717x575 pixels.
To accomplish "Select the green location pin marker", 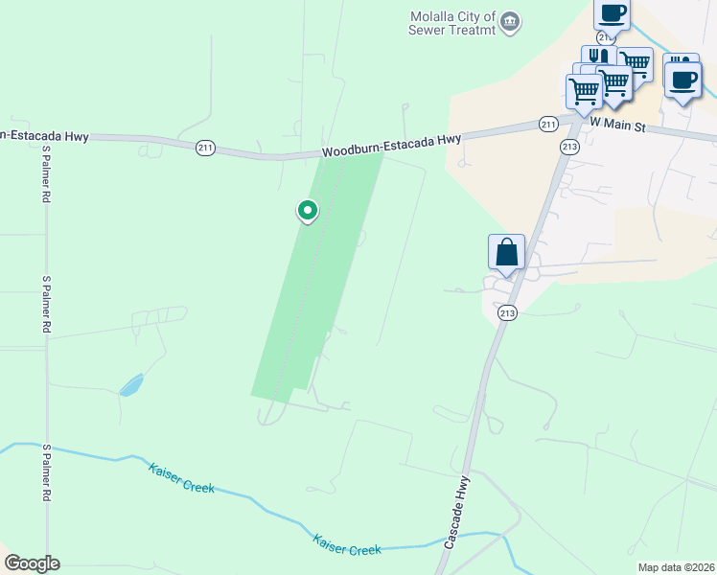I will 307,210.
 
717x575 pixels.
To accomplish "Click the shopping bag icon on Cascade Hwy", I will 506,253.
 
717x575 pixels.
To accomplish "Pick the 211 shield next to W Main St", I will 547,125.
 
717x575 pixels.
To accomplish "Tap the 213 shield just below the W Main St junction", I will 570,147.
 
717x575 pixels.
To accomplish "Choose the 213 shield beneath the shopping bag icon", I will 507,312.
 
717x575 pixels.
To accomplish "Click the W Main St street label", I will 620,124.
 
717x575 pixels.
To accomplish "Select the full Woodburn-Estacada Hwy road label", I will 391,146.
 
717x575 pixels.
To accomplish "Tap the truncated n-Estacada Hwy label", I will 44,136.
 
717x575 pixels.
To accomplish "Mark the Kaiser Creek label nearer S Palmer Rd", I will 181,479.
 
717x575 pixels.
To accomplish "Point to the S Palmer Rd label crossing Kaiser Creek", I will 45,472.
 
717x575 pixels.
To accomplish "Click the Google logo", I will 32,563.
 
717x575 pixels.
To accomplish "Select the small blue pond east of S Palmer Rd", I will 131,385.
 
